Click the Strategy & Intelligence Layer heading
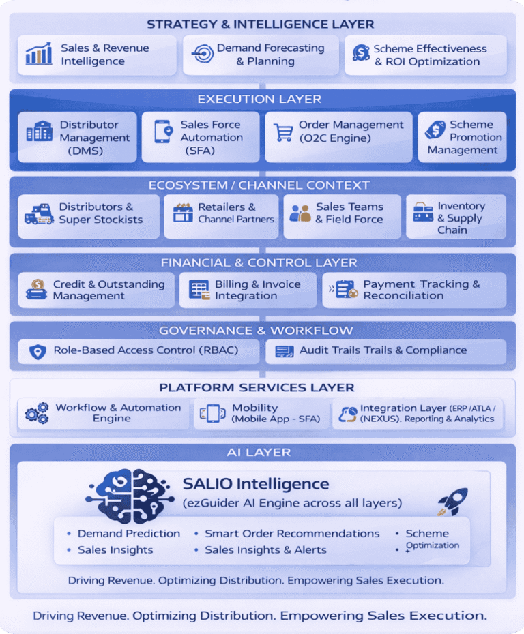click(261, 25)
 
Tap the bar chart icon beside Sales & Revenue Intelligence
click(39, 54)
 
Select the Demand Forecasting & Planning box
click(261, 55)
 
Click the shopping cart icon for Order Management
click(283, 131)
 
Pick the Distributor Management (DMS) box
click(77, 137)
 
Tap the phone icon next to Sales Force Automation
click(163, 131)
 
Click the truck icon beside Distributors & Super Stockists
click(39, 214)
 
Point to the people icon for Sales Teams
click(300, 213)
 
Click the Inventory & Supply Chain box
click(456, 217)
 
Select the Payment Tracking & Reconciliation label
click(421, 290)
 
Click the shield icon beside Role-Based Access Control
click(38, 352)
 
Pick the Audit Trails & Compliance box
click(385, 351)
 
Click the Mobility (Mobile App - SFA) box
click(260, 413)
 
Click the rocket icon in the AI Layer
click(452, 500)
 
